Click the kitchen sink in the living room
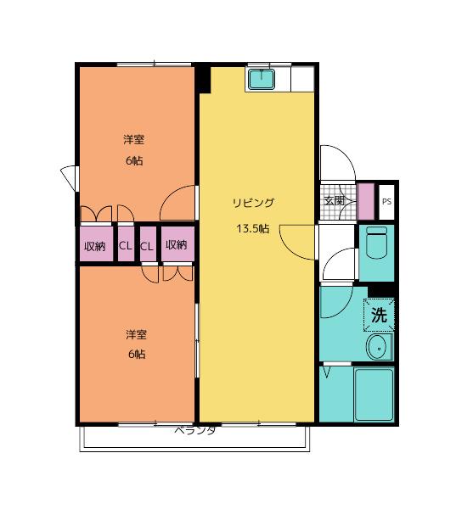[262, 78]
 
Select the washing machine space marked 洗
[379, 315]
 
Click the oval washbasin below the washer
[379, 347]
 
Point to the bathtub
[374, 394]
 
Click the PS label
[386, 202]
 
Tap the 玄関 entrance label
[335, 200]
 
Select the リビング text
[253, 203]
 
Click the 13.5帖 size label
[253, 229]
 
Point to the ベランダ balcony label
[195, 430]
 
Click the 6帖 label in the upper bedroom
[134, 160]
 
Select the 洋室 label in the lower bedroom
[136, 335]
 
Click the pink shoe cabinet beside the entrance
[365, 201]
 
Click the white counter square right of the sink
[302, 79]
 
